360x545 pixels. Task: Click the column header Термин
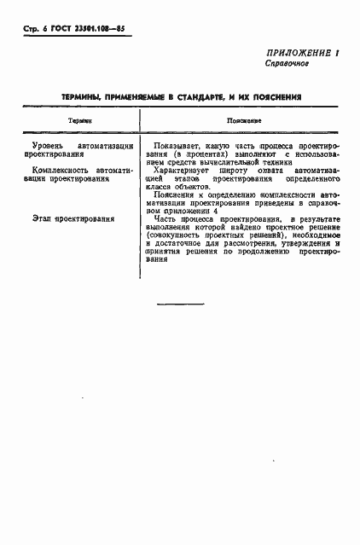(79, 122)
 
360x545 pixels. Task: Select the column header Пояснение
(243, 122)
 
